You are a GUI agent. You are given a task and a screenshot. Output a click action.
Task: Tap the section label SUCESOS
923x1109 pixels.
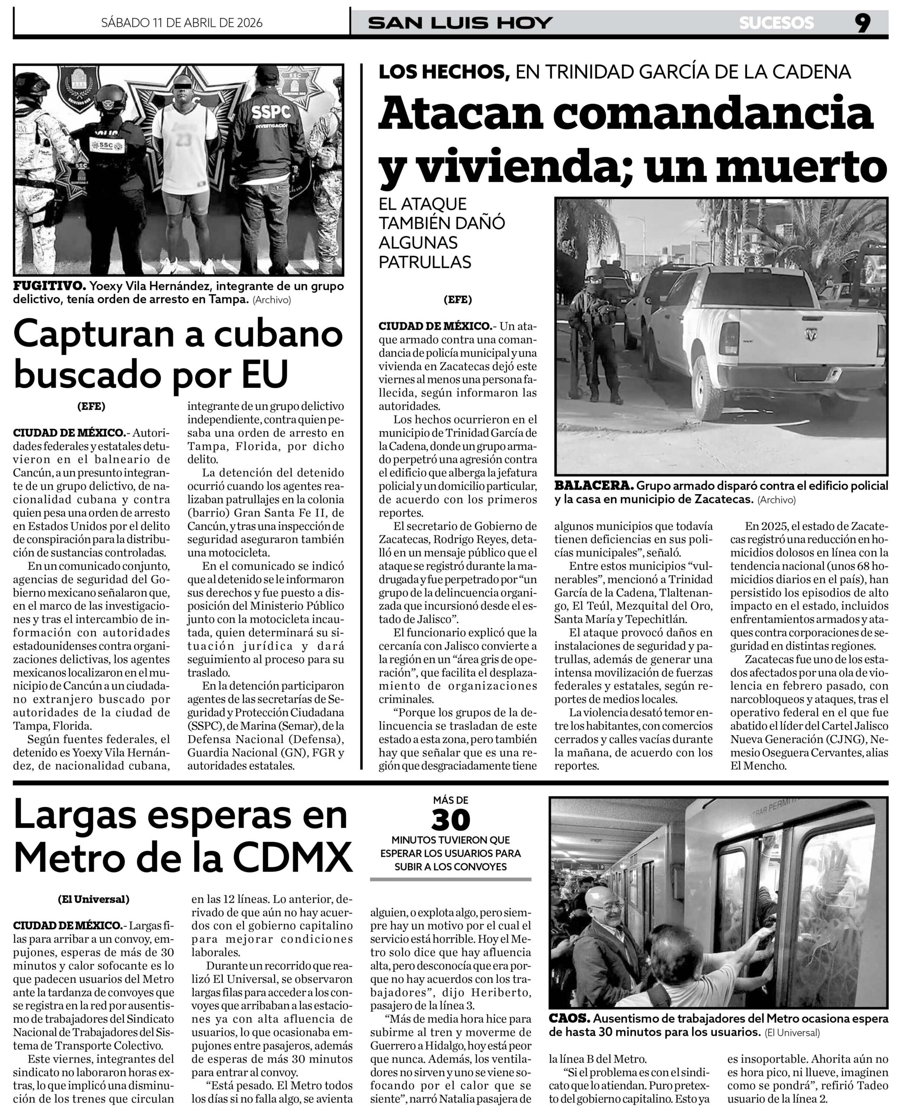pyautogui.click(x=776, y=23)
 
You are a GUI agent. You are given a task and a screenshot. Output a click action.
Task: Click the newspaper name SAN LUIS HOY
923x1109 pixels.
pyautogui.click(x=460, y=23)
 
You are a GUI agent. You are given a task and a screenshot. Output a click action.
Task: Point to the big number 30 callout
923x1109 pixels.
pyautogui.click(x=450, y=820)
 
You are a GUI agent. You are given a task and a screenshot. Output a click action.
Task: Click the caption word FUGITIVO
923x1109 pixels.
pyautogui.click(x=49, y=286)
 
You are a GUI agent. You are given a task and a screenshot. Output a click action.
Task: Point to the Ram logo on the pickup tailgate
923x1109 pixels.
pyautogui.click(x=810, y=334)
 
